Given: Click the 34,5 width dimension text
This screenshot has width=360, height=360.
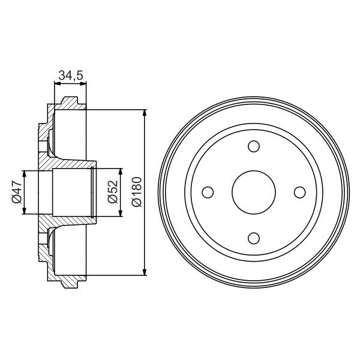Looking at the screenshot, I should click(x=70, y=75).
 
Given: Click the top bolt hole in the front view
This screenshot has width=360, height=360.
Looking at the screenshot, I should click(x=253, y=147).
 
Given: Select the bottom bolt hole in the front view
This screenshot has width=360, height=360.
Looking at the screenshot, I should click(x=253, y=237).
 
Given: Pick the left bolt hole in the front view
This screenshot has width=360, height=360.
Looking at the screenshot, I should click(x=208, y=192).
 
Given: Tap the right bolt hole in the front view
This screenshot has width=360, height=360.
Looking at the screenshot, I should click(x=298, y=192).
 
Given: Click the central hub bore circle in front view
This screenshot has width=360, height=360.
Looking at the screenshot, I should click(x=253, y=192).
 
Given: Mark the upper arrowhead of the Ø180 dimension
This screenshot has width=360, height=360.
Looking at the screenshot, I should click(x=145, y=114).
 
